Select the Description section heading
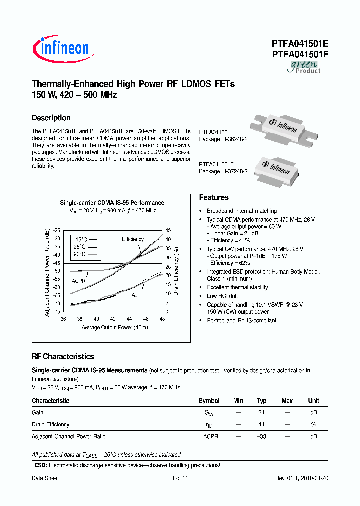tap(51, 118)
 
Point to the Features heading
tap(214, 198)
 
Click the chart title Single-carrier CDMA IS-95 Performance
tap(112, 203)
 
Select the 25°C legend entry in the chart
tap(80, 247)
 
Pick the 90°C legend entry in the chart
tap(80, 254)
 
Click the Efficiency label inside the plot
tap(133, 239)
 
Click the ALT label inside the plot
tap(136, 295)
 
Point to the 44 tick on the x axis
tap(129, 319)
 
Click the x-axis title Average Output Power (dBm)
tap(115, 328)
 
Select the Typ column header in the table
tap(261, 401)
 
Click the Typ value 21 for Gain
tap(261, 413)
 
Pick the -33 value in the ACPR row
tap(261, 437)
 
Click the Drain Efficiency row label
tap(51, 425)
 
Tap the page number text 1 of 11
tap(180, 478)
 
